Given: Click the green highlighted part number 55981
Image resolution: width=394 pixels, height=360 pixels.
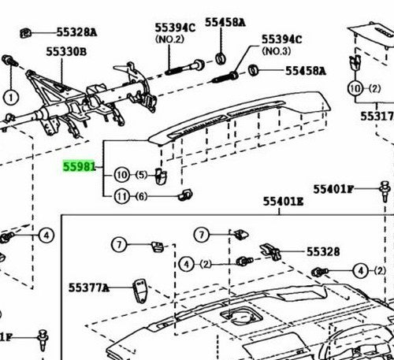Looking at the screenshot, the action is (79, 166).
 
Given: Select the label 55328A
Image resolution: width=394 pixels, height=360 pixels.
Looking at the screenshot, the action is (76, 32).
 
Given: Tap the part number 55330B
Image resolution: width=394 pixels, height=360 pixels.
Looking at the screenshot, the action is (66, 51).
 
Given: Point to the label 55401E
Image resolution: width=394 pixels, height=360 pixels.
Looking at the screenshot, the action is (283, 202).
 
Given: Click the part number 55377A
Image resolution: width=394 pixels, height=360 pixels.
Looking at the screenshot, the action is (88, 288).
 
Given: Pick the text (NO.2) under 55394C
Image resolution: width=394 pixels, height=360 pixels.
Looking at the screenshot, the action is (169, 39).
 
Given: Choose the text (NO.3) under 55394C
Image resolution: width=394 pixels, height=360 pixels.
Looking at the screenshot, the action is (277, 51).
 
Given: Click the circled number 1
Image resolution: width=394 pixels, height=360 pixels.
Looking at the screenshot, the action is (11, 98).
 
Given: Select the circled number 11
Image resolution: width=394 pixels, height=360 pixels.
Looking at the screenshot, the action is (122, 196).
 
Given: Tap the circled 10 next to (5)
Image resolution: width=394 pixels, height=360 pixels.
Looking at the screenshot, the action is (122, 175).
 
